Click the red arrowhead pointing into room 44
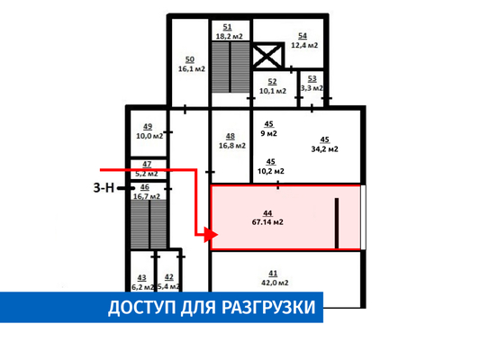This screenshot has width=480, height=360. pos(212,235)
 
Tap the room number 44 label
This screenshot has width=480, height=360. pos(267,213)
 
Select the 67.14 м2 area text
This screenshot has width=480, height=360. pos(267,222)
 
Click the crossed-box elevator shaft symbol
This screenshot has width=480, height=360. pos(267,56)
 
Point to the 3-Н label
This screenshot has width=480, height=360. pos(104,187)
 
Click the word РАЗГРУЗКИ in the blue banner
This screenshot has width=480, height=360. pos(268,308)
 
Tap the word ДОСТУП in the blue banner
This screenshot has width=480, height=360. pos(141,308)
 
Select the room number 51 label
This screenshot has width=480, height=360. pos(227,27)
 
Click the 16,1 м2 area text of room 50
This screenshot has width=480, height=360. pos(192,68)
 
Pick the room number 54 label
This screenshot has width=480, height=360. pos(303,36)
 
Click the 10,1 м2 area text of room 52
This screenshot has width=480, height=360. pos(273,91)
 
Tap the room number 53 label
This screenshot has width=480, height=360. pos(312,79)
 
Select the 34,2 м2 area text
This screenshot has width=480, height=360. pos(325,149)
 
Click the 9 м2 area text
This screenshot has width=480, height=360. pos(268,134)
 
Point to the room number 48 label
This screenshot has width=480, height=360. pos(231,137)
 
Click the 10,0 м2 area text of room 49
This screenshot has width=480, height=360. pos(149,136)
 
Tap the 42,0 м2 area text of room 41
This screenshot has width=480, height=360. pos(275,283)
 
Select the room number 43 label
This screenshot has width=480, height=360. pos(141,278)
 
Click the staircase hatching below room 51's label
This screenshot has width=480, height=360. pos(231,67)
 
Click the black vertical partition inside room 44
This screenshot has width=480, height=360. pos(337,223)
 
